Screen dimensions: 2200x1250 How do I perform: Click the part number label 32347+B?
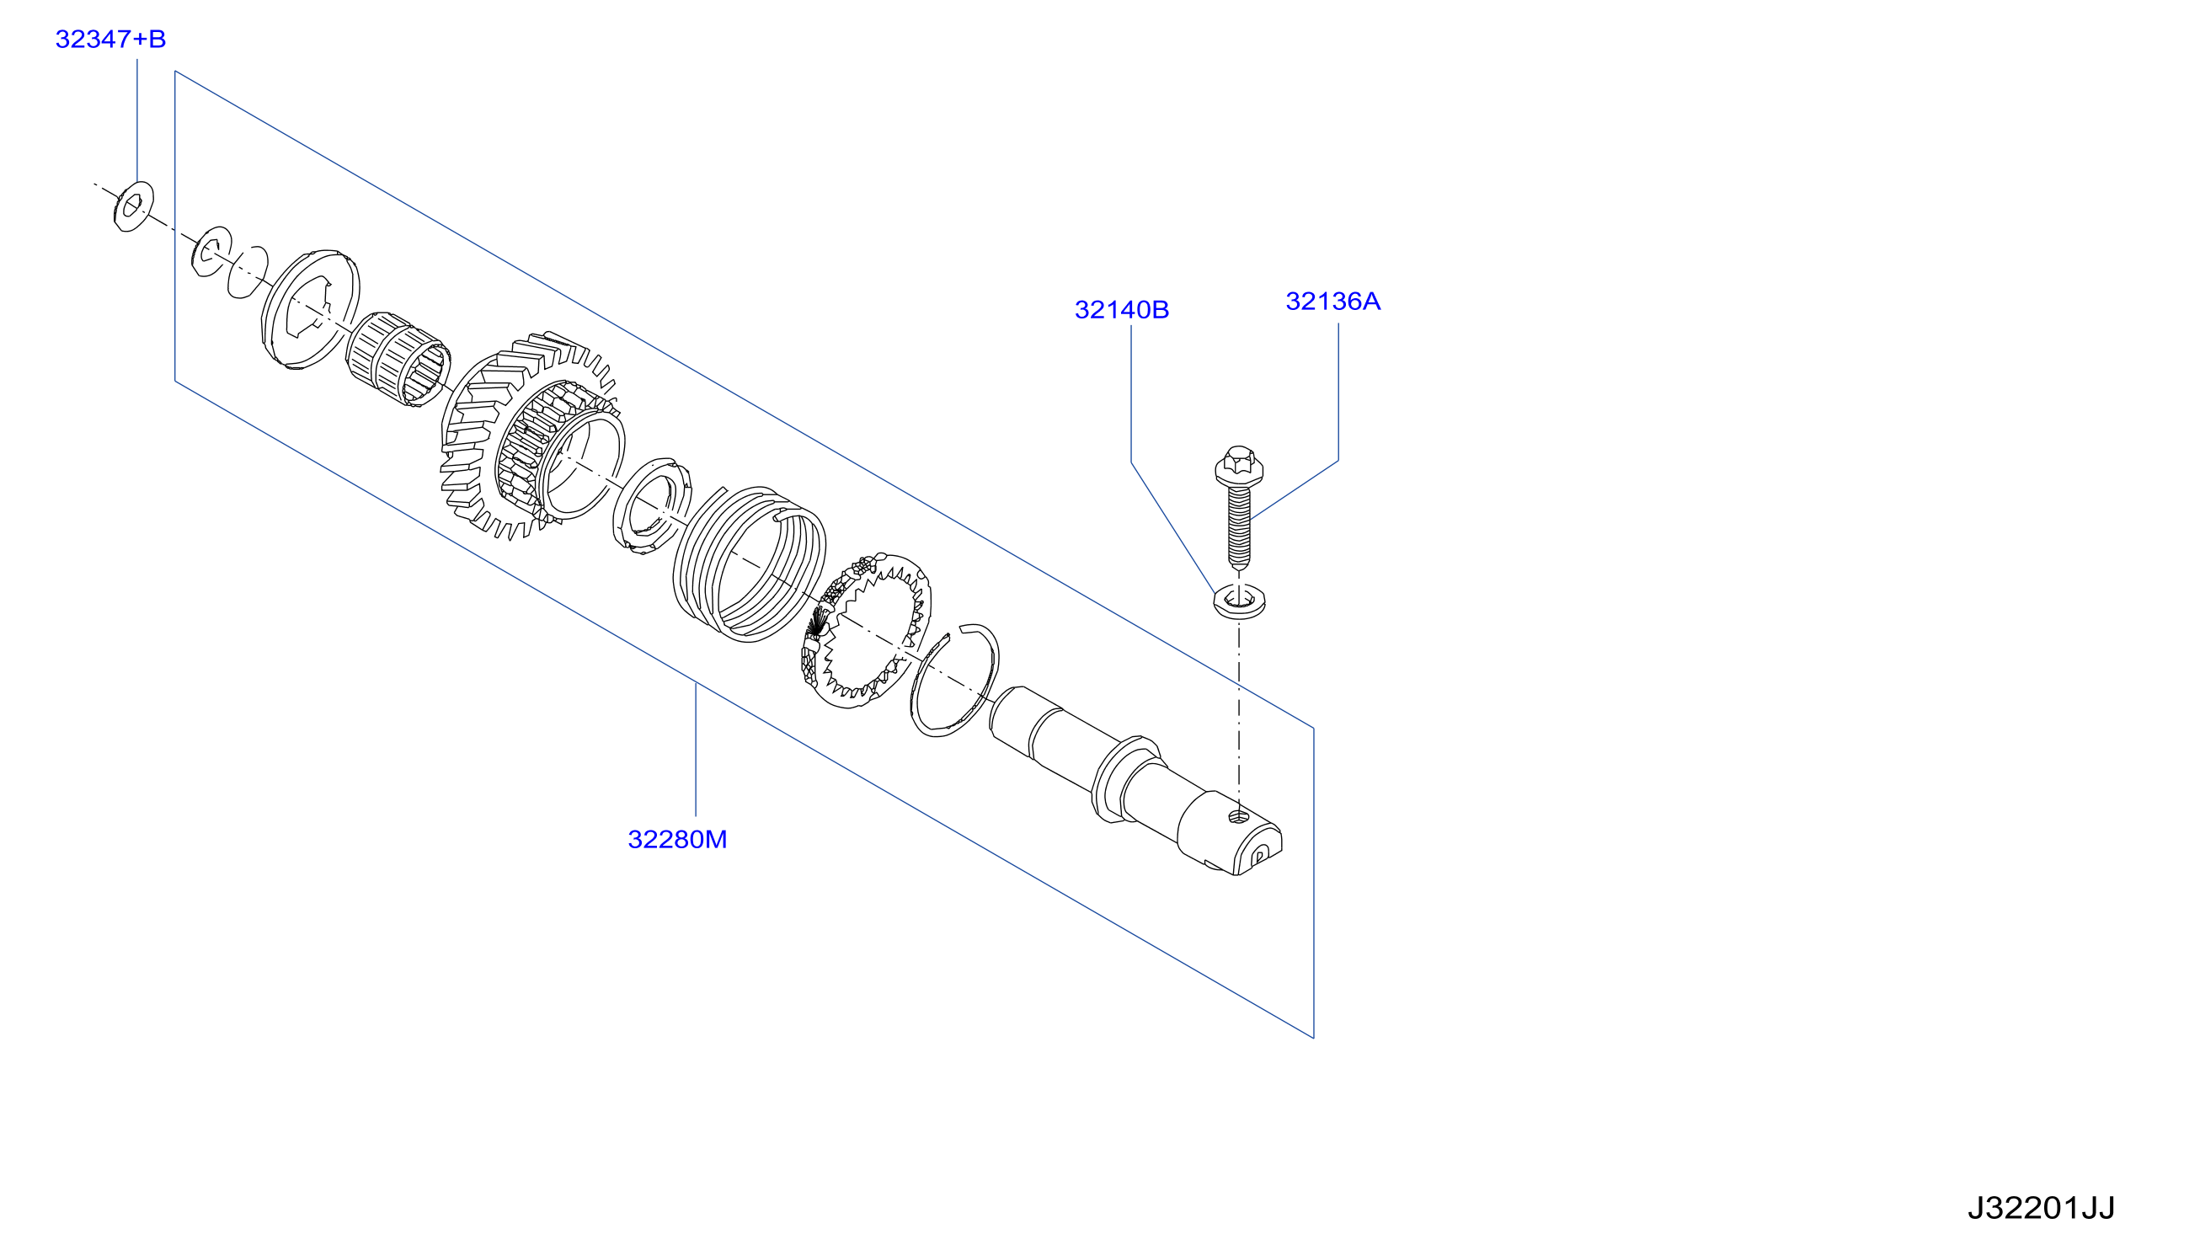point(109,39)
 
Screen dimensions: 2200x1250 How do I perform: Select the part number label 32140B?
point(1121,310)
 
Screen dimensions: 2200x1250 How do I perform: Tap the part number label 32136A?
point(1332,302)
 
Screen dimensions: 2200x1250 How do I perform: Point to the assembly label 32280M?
point(677,840)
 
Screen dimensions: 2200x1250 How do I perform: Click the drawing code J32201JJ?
point(2041,1209)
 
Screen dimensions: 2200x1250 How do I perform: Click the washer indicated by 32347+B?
point(133,206)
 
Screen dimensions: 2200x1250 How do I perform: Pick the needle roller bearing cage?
point(398,359)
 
